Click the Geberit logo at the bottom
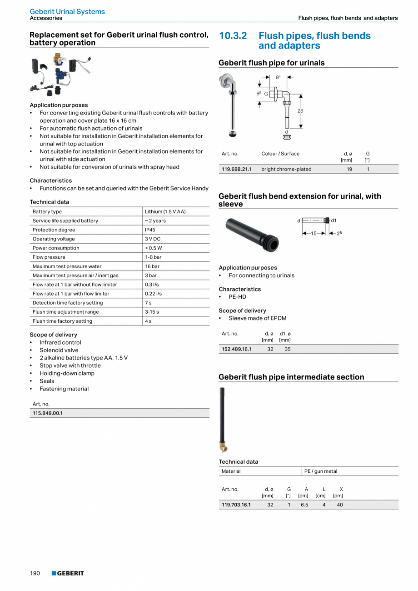coord(68,573)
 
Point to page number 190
coord(35,573)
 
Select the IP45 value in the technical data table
coord(150,230)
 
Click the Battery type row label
coord(47,212)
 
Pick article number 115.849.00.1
coord(48,413)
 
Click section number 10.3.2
coord(233,36)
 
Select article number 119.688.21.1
coord(236,169)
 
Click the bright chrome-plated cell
coord(286,169)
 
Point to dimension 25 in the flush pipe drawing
coord(300,111)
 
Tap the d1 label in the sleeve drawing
coord(333,220)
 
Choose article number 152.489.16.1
coord(236,349)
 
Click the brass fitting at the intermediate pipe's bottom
coord(223,448)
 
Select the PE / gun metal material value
coord(321,471)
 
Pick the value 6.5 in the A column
coord(304,505)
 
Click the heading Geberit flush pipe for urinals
coord(272,63)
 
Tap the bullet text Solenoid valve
coord(59,350)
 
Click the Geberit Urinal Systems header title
coord(67,11)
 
